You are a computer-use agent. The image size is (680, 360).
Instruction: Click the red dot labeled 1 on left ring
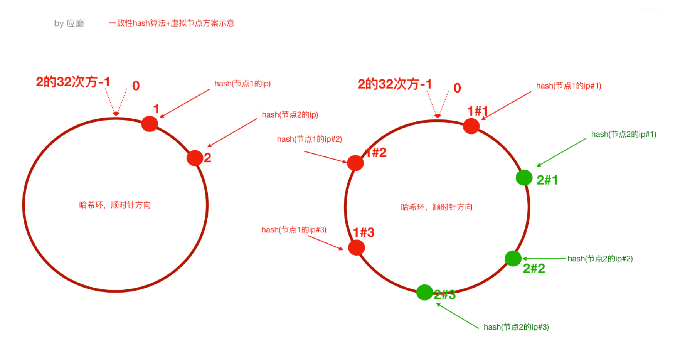click(x=150, y=124)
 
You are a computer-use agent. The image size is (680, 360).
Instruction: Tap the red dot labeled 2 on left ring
click(x=195, y=158)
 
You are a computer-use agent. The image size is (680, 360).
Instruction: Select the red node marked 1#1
click(x=471, y=126)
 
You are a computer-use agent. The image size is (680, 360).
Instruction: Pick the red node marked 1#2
click(x=355, y=163)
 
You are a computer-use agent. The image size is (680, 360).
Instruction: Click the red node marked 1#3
click(x=357, y=247)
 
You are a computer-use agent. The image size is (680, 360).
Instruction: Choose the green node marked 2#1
click(x=524, y=178)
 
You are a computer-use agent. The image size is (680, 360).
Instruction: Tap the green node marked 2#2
click(x=513, y=258)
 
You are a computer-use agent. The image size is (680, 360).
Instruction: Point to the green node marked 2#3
click(x=424, y=293)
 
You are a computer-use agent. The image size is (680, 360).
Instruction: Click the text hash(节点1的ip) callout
click(x=242, y=84)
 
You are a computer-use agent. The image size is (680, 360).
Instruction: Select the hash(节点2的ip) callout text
click(x=290, y=115)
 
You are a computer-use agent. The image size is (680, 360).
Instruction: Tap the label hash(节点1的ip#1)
click(x=569, y=86)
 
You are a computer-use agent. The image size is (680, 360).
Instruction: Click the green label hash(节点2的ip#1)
click(x=624, y=135)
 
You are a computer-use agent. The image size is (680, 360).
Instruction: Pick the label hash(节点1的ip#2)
click(x=310, y=139)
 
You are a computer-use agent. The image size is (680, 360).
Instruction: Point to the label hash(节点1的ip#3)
click(x=294, y=230)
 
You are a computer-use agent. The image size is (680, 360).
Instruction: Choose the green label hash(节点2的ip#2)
click(x=600, y=259)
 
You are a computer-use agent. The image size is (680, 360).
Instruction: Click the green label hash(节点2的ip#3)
click(x=516, y=327)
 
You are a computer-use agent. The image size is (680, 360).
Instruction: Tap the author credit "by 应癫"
click(x=69, y=24)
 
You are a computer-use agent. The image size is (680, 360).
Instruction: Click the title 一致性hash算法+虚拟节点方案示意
click(x=172, y=23)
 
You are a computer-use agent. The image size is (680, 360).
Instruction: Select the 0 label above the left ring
click(x=136, y=86)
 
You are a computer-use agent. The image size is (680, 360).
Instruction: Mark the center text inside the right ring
click(x=436, y=207)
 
